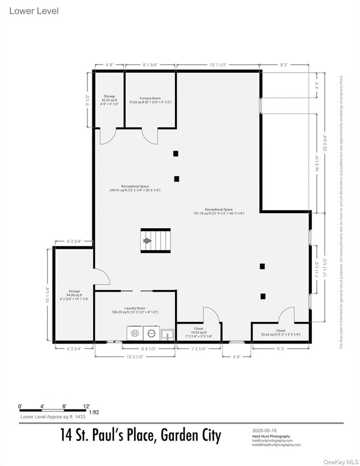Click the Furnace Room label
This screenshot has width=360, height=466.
coord(150,100)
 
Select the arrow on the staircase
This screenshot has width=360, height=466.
coord(147,240)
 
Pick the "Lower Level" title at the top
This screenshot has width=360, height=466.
coord(34,11)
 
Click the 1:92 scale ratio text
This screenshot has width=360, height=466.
coord(94,412)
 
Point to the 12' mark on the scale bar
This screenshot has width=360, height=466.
coord(86,405)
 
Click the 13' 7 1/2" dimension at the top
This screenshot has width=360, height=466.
coord(218,64)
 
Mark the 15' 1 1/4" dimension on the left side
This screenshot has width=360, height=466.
coord(48,294)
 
